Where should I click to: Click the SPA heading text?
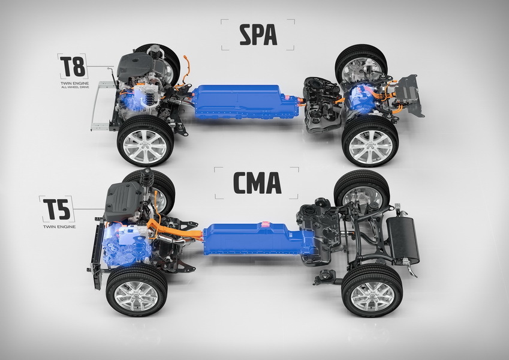point(258,35)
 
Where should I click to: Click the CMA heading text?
point(256,182)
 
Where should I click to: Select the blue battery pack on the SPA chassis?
point(246,103)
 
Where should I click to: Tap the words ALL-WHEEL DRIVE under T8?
point(73,88)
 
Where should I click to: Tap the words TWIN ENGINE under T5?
point(58,227)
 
